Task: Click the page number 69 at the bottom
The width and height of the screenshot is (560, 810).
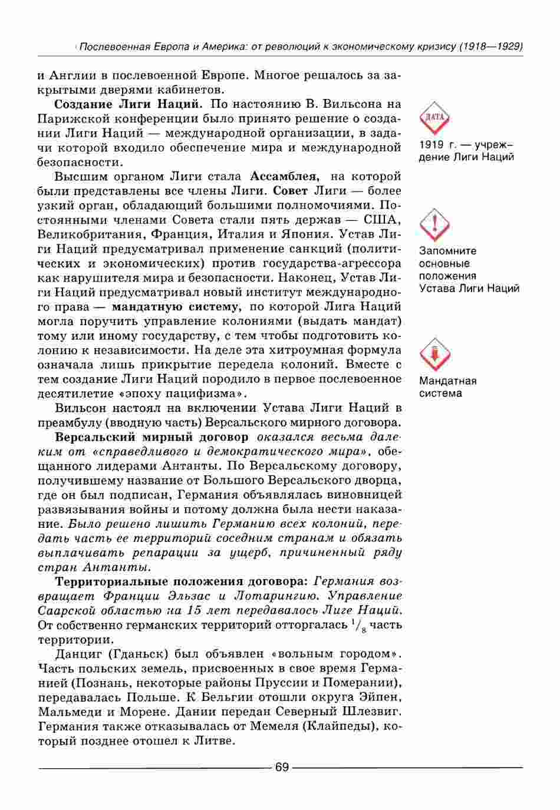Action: (x=281, y=767)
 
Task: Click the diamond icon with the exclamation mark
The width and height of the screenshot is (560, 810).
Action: (x=434, y=223)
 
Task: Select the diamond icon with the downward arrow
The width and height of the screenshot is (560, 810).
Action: (x=434, y=353)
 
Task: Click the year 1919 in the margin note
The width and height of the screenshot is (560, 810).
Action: (x=431, y=144)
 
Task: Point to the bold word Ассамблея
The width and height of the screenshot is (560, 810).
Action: (x=285, y=176)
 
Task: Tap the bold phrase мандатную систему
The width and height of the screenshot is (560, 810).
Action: (x=175, y=306)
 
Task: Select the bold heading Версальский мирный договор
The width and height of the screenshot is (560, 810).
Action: (x=151, y=437)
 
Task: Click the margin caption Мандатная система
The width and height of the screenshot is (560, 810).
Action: (x=448, y=387)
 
